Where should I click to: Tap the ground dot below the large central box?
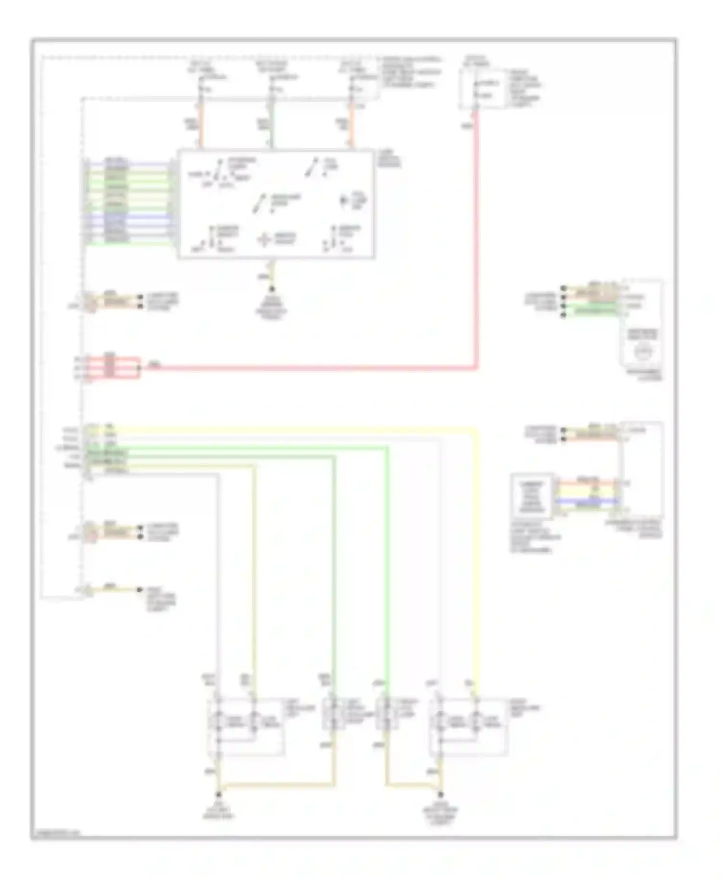(x=272, y=289)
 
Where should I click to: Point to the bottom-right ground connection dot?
(x=440, y=795)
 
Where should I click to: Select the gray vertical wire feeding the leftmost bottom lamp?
(x=218, y=576)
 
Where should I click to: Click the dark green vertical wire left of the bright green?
(x=334, y=576)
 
